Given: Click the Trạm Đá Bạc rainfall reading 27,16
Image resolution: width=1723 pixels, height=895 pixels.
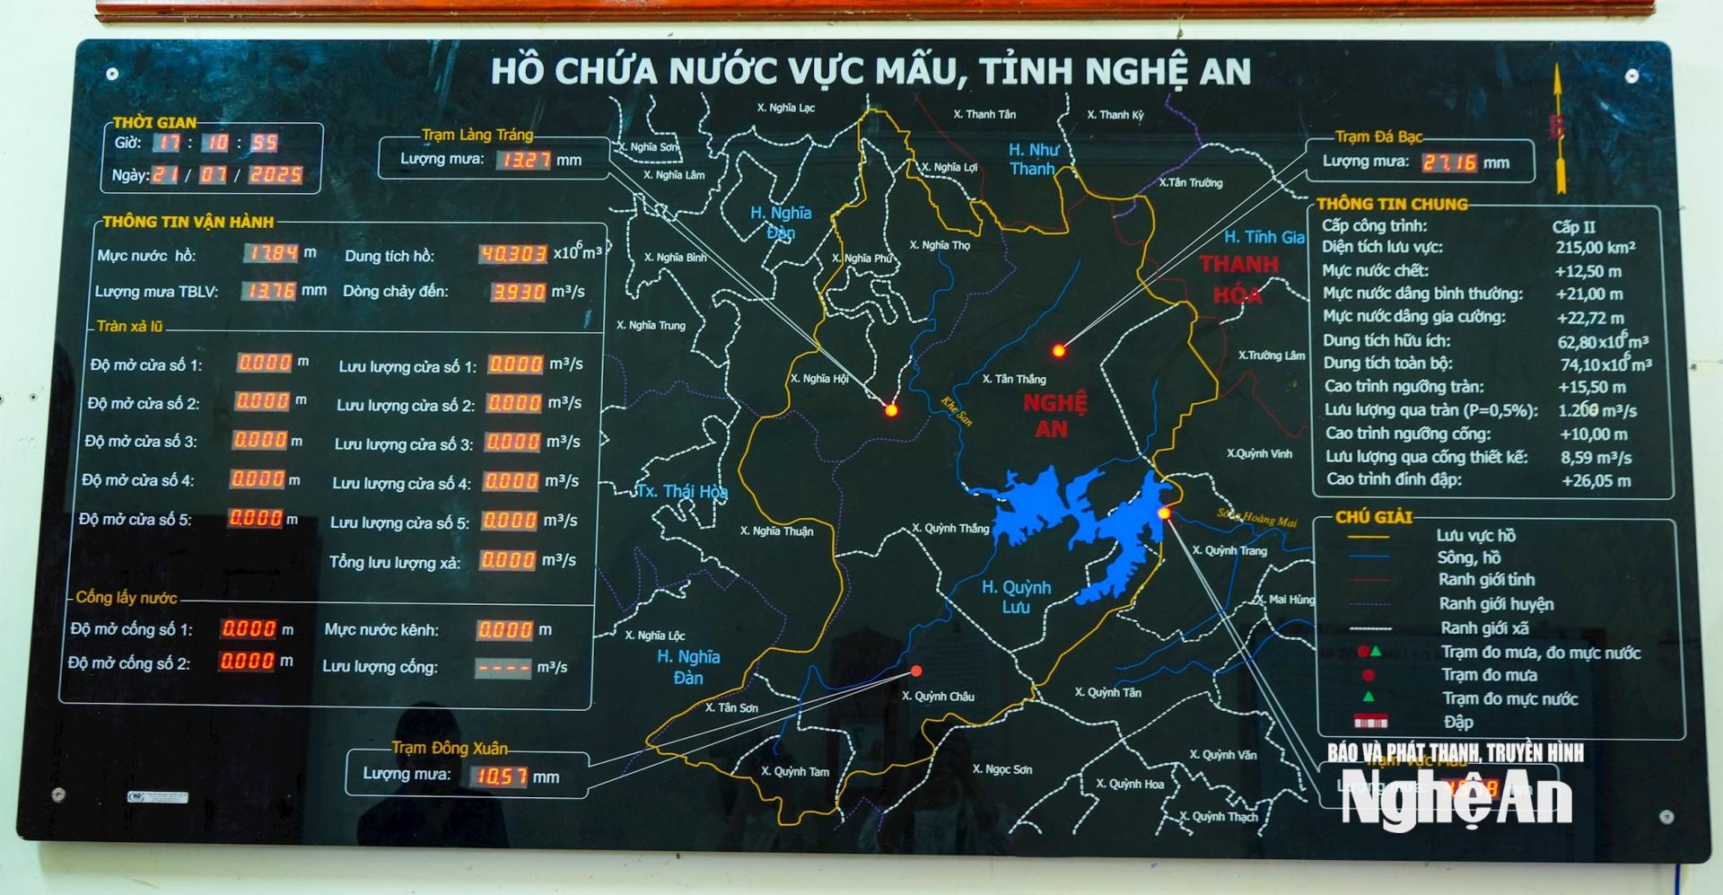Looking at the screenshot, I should [1449, 162].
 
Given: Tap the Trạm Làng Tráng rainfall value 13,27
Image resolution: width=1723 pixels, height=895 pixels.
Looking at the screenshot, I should [525, 160].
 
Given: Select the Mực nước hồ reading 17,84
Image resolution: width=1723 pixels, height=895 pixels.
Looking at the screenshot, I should [272, 253].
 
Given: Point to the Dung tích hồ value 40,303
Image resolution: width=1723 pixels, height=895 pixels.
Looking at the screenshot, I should [512, 254].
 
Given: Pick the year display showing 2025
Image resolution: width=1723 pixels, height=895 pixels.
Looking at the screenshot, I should [276, 174].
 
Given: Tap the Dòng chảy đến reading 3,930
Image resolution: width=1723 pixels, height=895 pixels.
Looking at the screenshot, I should [519, 292].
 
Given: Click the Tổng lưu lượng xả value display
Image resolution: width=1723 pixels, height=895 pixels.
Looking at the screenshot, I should [508, 560].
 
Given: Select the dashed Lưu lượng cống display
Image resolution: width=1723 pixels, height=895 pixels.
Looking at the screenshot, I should [503, 668].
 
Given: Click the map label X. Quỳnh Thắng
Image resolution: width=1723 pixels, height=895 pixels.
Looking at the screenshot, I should [950, 528].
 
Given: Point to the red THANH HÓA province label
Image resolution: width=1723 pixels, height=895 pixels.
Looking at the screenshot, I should [1238, 278].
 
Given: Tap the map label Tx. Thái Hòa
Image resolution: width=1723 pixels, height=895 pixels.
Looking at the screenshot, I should [682, 492].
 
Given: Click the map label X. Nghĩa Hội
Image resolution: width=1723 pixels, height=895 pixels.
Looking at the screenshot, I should [819, 378].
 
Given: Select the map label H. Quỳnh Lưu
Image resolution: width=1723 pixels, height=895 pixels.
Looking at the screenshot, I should [1016, 596].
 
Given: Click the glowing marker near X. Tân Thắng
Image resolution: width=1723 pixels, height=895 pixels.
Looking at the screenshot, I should [1059, 350].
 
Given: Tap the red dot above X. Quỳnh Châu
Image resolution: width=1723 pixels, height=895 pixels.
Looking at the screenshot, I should [916, 671].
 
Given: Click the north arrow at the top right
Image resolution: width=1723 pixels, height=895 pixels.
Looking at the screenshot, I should [1560, 130].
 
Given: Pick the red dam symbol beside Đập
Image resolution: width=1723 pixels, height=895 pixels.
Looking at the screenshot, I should [1370, 721].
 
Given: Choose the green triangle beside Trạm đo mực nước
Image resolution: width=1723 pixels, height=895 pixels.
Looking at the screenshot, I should [1369, 697].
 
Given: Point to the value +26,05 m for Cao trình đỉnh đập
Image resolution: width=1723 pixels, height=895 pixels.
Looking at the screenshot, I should [1596, 480].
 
